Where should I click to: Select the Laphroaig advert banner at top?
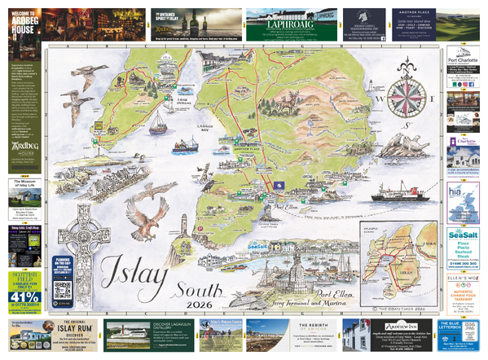click(x=290, y=26)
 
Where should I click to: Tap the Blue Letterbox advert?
click(x=463, y=334)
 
